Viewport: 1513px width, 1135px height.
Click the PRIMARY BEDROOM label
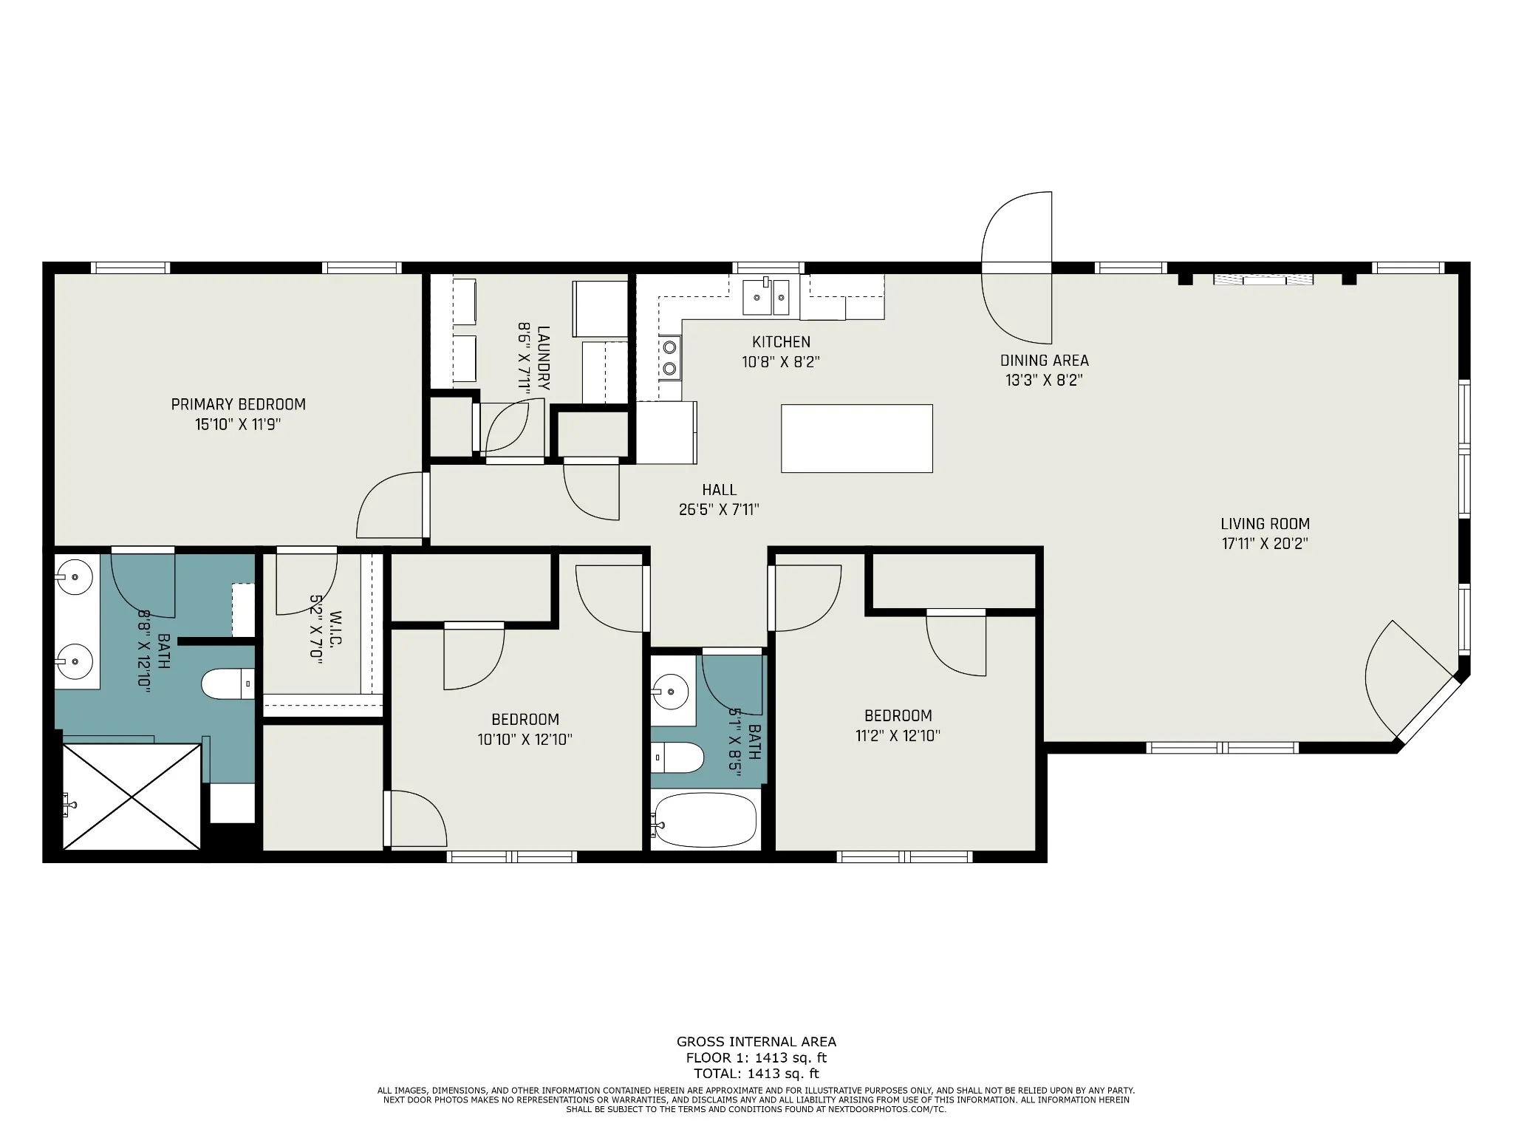[x=238, y=404]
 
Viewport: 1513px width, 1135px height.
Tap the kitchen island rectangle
[x=857, y=438]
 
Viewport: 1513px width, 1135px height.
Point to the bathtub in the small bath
[x=705, y=820]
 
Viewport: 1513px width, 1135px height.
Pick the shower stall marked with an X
[x=132, y=797]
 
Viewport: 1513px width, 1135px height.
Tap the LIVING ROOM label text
[x=1265, y=524]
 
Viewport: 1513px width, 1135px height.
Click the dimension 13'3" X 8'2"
[x=1044, y=381]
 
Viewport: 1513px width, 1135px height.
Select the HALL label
[x=719, y=490]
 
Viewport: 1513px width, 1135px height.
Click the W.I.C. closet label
[x=335, y=628]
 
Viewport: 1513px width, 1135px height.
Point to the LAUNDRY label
[x=543, y=358]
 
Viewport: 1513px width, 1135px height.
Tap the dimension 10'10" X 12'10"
[x=525, y=739]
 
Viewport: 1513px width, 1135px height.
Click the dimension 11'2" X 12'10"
[x=898, y=735]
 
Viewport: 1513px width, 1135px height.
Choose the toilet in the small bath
[x=677, y=757]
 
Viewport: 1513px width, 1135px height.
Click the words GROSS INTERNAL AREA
[x=756, y=1042]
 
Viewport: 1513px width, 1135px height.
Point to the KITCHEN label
[x=781, y=342]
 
